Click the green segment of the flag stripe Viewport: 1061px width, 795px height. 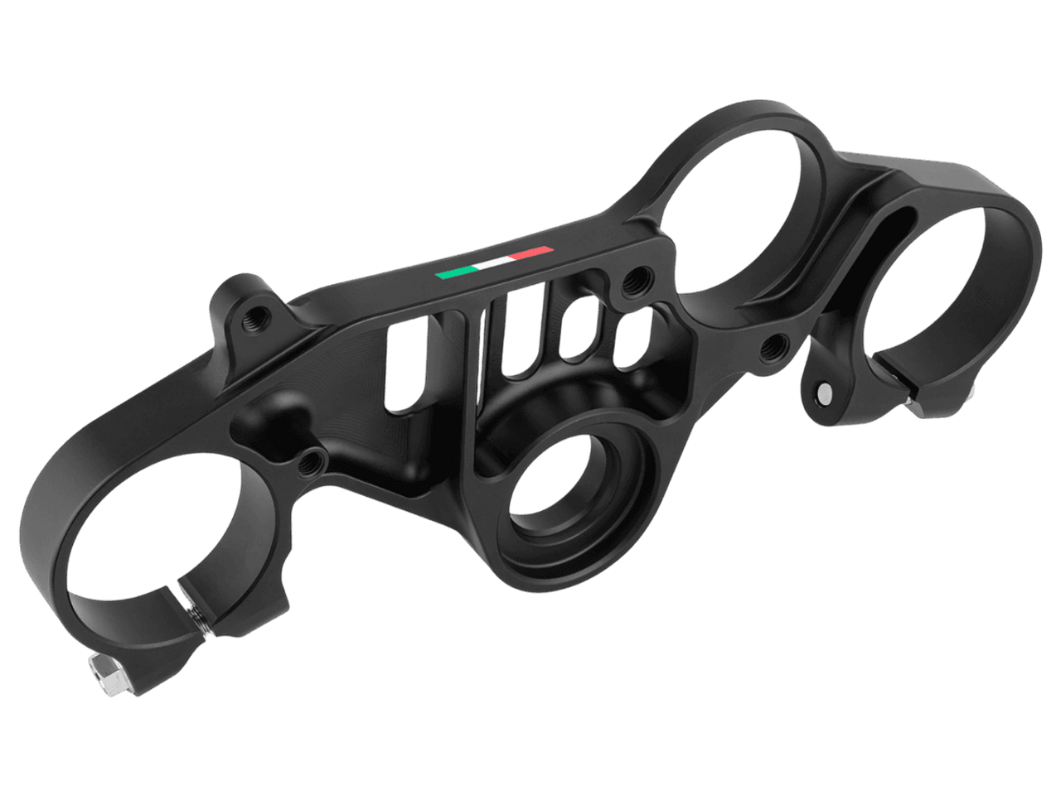(x=455, y=272)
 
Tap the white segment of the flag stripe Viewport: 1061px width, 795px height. (x=494, y=261)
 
